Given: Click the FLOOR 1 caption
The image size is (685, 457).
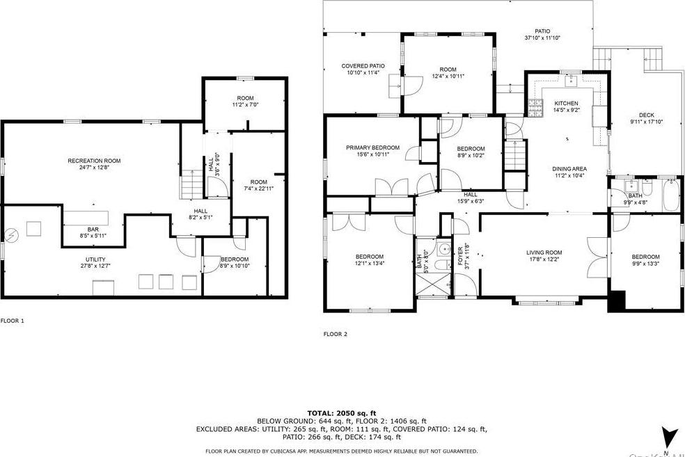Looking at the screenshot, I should (13, 321).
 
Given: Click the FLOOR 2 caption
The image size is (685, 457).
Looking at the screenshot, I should (335, 334).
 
